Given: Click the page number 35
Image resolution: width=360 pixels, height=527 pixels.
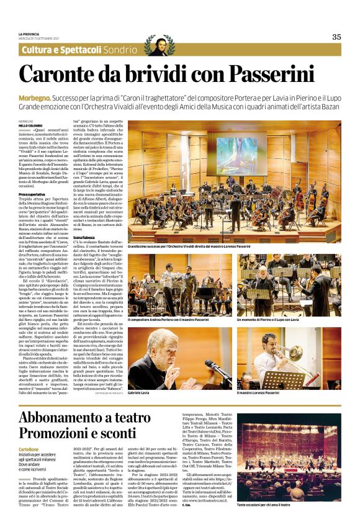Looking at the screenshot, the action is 336,37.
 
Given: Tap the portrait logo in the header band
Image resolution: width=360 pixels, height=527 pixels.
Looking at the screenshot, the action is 158,45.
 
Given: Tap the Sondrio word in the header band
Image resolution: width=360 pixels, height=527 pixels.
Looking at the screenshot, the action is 120,50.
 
